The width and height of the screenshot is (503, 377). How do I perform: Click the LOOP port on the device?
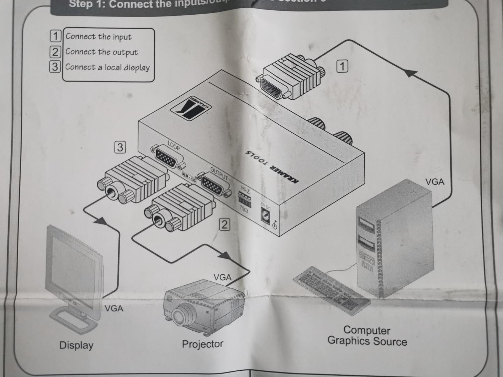tap(167, 157)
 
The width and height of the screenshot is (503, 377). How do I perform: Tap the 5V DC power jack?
tap(266, 214)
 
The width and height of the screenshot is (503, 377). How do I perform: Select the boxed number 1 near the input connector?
tap(342, 66)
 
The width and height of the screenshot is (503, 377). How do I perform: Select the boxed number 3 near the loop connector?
tap(120, 147)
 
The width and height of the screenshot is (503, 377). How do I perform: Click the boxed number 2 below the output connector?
tap(225, 224)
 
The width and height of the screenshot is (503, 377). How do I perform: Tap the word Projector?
tap(203, 344)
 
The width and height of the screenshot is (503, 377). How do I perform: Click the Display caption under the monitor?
tap(76, 345)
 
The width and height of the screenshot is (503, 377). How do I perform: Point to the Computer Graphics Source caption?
tap(367, 336)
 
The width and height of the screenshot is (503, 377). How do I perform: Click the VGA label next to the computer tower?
tap(435, 182)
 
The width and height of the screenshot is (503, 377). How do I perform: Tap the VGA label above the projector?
tap(223, 278)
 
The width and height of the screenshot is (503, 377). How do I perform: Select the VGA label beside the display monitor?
tap(114, 309)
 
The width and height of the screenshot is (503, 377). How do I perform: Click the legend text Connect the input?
tap(99, 37)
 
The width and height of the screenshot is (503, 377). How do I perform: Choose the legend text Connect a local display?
tap(107, 67)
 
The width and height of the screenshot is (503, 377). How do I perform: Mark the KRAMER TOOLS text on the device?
tap(272, 167)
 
